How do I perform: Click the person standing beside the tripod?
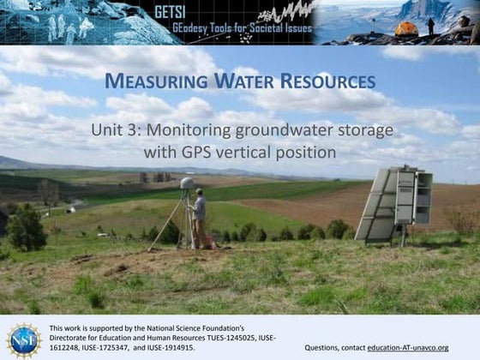tap(199, 219)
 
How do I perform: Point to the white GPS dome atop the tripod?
tap(186, 183)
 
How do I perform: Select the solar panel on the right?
tap(375, 205)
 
